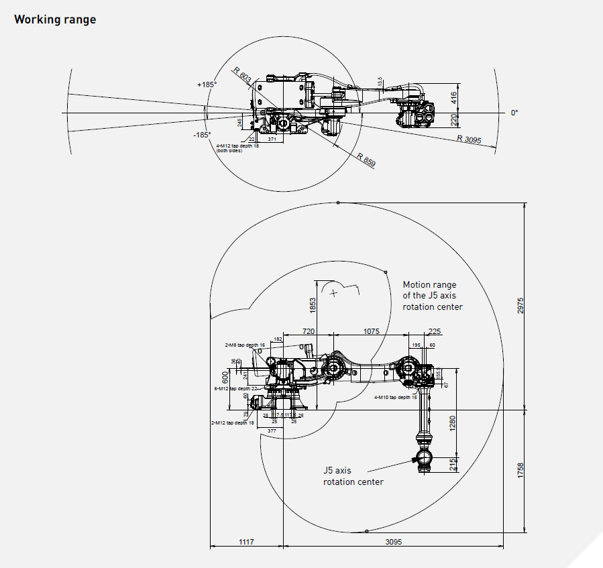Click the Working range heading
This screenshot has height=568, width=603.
pyautogui.click(x=55, y=19)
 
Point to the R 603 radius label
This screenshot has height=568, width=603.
pyautogui.click(x=241, y=76)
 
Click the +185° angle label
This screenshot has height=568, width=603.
pyautogui.click(x=207, y=85)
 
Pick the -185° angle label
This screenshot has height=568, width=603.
pyautogui.click(x=202, y=135)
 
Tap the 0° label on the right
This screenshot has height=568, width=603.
pyautogui.click(x=514, y=113)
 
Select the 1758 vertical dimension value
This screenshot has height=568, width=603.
pyautogui.click(x=521, y=470)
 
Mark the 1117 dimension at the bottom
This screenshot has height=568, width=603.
pyautogui.click(x=246, y=542)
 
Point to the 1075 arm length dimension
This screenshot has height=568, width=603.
pyautogui.click(x=371, y=331)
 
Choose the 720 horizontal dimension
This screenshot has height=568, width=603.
pyautogui.click(x=309, y=331)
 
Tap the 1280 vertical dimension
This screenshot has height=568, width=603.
pyautogui.click(x=452, y=422)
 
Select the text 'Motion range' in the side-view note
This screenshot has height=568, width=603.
pyautogui.click(x=429, y=285)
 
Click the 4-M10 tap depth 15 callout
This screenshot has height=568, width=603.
pyautogui.click(x=396, y=397)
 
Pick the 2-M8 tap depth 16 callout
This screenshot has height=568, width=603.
pyautogui.click(x=245, y=345)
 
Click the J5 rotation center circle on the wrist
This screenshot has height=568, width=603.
pyautogui.click(x=423, y=458)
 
